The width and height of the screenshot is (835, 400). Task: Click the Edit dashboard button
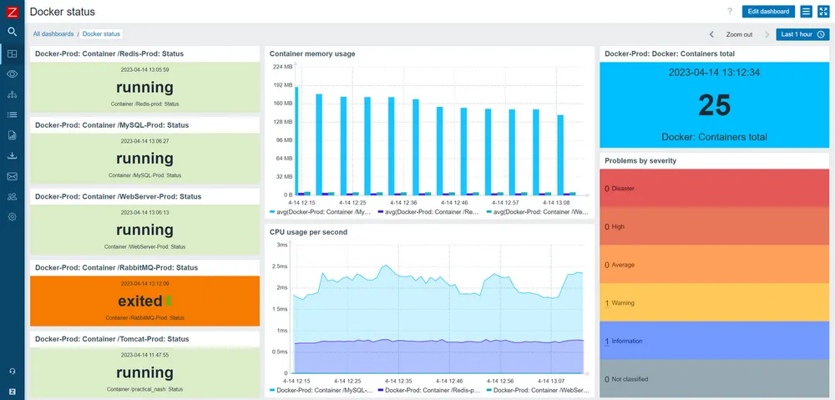[x=768, y=12]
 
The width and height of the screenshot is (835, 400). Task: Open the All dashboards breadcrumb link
[x=53, y=34]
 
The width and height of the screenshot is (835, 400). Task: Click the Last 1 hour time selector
[x=802, y=34]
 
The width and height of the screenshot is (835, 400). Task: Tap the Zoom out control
[x=739, y=34]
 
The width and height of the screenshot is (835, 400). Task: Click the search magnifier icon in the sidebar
[x=12, y=32]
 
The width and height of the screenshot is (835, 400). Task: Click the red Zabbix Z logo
[x=12, y=11]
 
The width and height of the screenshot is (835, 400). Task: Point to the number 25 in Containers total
[x=714, y=105]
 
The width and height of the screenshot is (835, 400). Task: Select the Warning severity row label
[x=623, y=303]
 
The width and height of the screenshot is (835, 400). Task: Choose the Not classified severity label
[x=630, y=379]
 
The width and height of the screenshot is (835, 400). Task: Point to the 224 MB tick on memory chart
[x=283, y=67]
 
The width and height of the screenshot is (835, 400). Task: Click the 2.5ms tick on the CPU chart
[x=282, y=266]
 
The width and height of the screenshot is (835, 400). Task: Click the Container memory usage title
[x=312, y=53]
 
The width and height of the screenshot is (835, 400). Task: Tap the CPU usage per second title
[x=308, y=232]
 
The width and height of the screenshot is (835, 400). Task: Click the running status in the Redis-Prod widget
[x=144, y=88]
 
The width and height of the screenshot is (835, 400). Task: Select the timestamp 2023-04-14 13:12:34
[x=714, y=73]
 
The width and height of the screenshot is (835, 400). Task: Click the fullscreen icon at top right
[x=822, y=12]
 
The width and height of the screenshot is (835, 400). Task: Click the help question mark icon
[x=730, y=12]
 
